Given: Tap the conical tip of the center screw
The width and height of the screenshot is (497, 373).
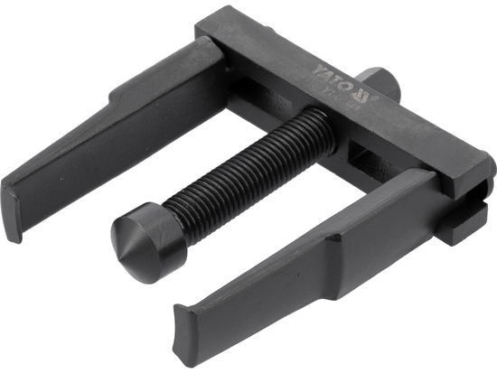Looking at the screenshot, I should (x=127, y=249).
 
